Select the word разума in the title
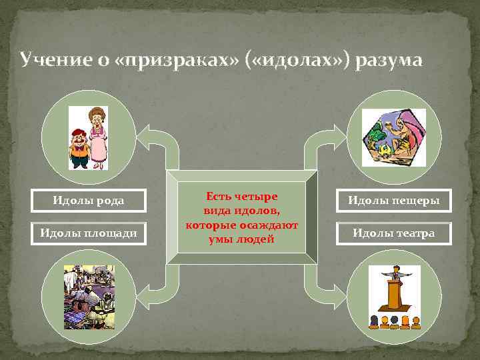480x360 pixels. pos(389,61)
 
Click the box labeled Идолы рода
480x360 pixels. pos(89,199)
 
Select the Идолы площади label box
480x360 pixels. pos(89,233)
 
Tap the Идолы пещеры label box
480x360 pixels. pos(393,200)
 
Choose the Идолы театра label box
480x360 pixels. pos(393,233)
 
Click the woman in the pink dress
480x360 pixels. pos(99,137)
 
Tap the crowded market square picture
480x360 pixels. pos(89,297)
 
